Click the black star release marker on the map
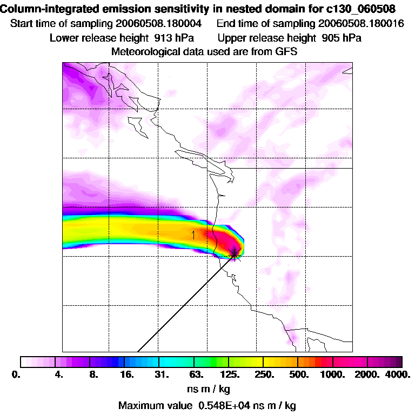(234, 252)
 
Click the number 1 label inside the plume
(193, 235)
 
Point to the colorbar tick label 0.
(16, 374)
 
